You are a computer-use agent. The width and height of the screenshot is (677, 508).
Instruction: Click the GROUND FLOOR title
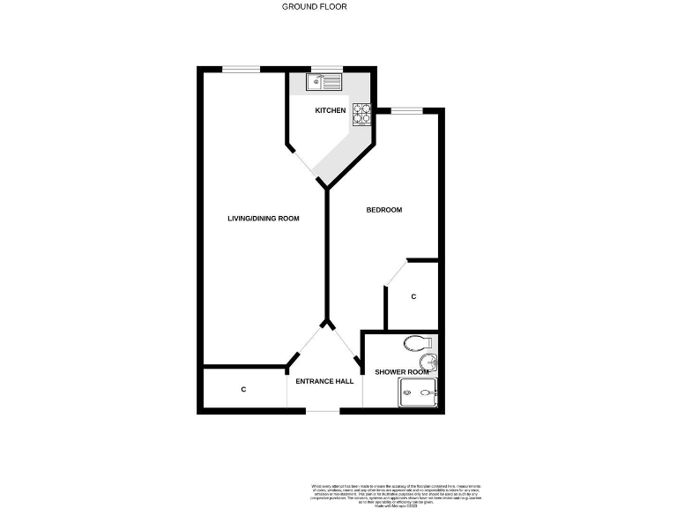pyautogui.click(x=314, y=6)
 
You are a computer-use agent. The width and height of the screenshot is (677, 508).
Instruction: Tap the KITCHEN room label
pyautogui.click(x=331, y=110)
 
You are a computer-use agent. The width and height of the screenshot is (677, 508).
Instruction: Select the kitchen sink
pyautogui.click(x=324, y=82)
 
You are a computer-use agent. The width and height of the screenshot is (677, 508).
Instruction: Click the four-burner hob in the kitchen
pyautogui.click(x=362, y=115)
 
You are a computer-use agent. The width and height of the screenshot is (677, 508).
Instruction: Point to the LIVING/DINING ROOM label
pyautogui.click(x=257, y=219)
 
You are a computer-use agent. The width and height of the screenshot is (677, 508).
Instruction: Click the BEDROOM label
pyautogui.click(x=384, y=210)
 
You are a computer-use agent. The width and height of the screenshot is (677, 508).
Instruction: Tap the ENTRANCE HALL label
pyautogui.click(x=325, y=382)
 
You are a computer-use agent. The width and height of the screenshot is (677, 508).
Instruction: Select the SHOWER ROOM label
pyautogui.click(x=401, y=372)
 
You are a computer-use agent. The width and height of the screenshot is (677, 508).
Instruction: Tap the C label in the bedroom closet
pyautogui.click(x=413, y=297)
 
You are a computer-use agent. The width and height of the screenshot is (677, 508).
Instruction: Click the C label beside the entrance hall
pyautogui.click(x=243, y=389)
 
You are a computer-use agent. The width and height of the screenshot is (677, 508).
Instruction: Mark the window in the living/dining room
pyautogui.click(x=241, y=69)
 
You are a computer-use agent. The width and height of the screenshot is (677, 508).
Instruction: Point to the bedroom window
pyautogui.click(x=406, y=110)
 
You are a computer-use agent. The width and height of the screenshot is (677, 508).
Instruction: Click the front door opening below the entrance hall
pyautogui.click(x=324, y=411)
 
